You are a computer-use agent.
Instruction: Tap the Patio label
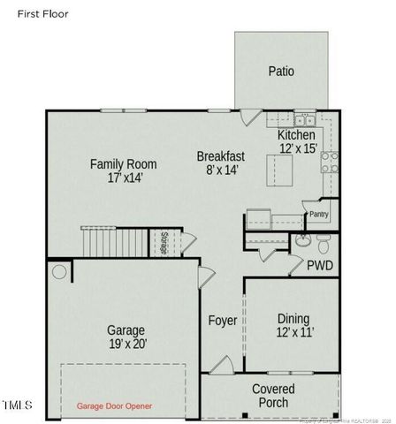point(281,72)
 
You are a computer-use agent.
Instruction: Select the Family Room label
point(124,163)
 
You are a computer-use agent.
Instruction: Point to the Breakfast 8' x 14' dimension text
point(220,170)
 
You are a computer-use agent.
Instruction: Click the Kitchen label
point(296,134)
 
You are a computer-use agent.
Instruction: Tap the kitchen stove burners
point(329,162)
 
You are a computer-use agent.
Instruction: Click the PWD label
point(320,265)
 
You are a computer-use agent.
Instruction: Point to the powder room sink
point(301,239)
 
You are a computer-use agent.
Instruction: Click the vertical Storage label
point(164,243)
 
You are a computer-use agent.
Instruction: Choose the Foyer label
point(222,321)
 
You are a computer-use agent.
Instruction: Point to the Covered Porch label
point(273,395)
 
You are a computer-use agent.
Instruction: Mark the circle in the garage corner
point(59,270)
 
